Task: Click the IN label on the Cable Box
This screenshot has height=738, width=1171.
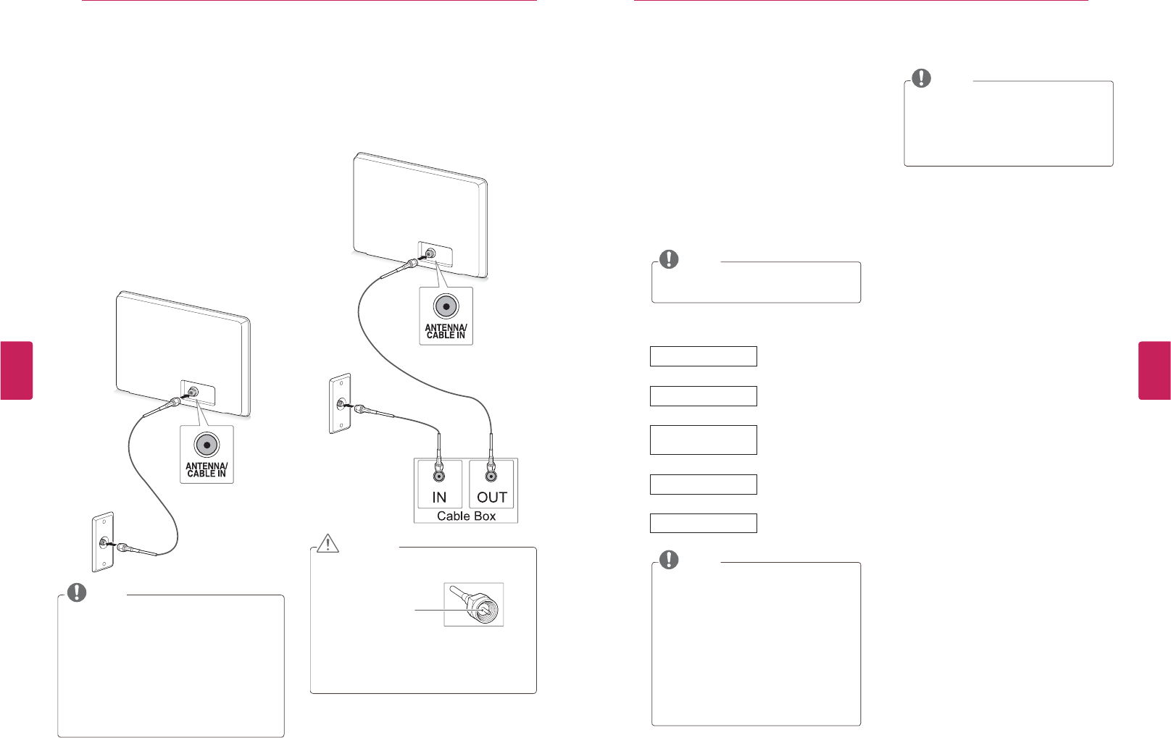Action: (x=439, y=498)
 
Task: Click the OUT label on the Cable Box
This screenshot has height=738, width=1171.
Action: (x=492, y=498)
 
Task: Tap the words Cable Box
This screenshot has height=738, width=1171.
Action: (x=466, y=516)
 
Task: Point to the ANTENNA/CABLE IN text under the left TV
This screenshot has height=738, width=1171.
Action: (x=207, y=470)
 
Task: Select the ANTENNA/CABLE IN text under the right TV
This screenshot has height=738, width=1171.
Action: (x=446, y=332)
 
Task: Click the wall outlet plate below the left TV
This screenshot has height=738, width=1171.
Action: (x=103, y=542)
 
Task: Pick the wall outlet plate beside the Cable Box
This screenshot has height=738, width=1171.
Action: (x=340, y=404)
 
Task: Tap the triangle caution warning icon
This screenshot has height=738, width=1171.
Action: (x=328, y=543)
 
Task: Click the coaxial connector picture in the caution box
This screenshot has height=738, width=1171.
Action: (x=474, y=605)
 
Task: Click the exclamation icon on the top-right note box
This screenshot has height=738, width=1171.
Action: (x=921, y=78)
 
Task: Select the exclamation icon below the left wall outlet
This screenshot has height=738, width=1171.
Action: (x=77, y=592)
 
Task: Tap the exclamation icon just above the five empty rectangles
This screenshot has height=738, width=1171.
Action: (x=669, y=259)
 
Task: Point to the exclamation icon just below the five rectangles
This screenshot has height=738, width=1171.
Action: (x=669, y=559)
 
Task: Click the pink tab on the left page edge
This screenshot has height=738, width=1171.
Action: (x=17, y=370)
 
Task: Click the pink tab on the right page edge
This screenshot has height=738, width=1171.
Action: (x=1154, y=370)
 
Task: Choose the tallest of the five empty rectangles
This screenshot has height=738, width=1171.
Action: (x=703, y=440)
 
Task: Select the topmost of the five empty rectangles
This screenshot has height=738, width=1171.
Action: (x=703, y=356)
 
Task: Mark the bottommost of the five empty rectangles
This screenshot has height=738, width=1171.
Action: (x=703, y=523)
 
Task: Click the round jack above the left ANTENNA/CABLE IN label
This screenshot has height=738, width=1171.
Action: (x=207, y=445)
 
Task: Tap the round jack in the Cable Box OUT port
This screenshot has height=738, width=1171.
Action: (x=491, y=476)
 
